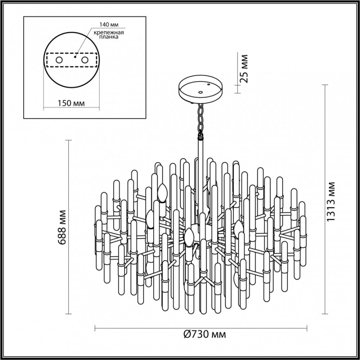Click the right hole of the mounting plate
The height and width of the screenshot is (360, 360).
tap(85, 60)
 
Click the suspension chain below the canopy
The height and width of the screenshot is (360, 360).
tap(200, 119)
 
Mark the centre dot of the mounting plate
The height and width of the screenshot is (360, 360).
tap(75, 57)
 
